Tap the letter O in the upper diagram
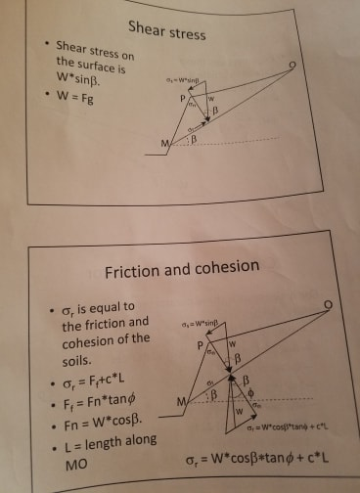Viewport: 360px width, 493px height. click(x=292, y=67)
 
